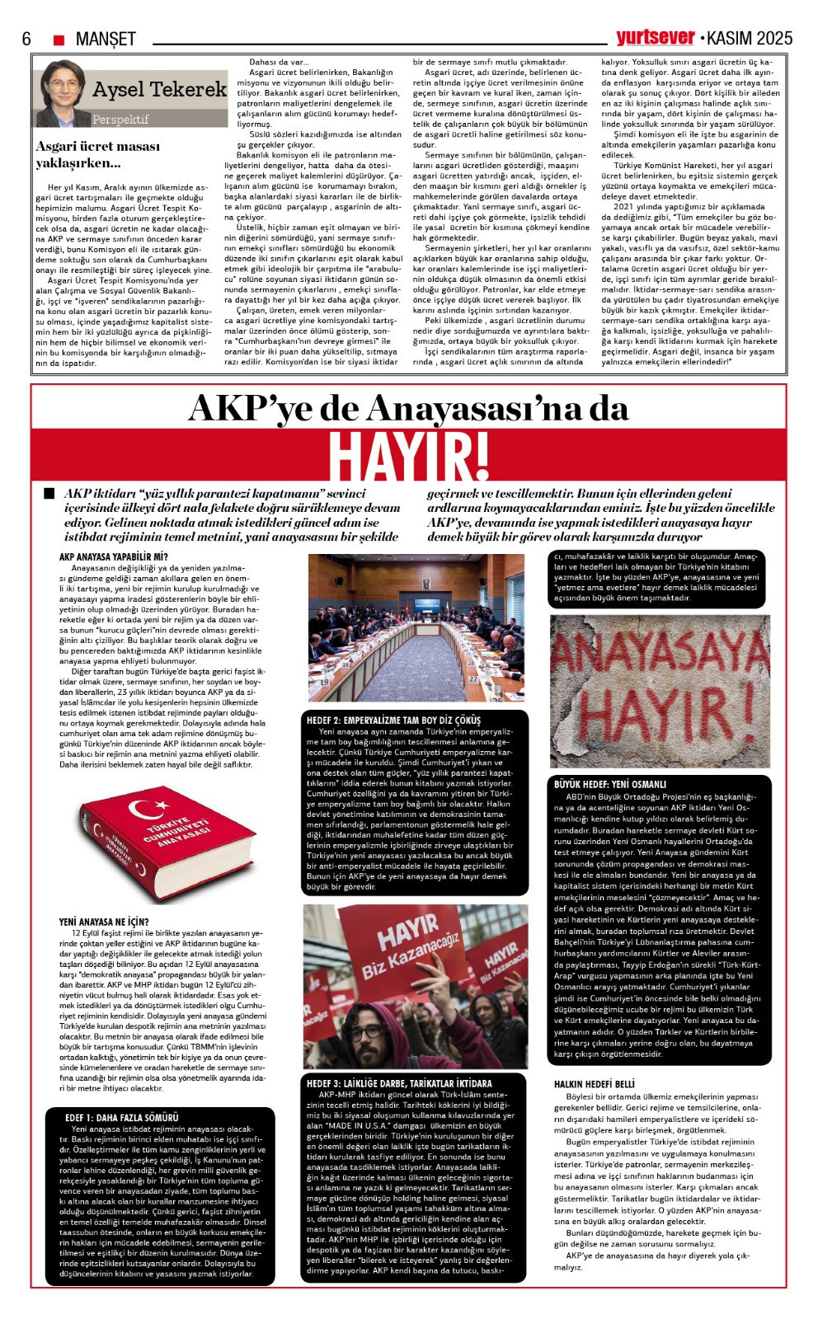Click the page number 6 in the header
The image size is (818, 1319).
click(x=26, y=39)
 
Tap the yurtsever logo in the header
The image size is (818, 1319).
click(x=656, y=37)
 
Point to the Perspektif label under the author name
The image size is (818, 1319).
click(x=120, y=119)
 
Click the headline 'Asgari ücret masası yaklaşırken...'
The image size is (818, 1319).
click(x=97, y=154)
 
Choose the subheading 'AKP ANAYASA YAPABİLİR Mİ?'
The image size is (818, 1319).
click(x=113, y=556)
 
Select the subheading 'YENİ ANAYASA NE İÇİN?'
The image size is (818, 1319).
click(x=104, y=922)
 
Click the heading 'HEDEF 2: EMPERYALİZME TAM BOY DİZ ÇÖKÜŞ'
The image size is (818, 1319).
click(x=393, y=720)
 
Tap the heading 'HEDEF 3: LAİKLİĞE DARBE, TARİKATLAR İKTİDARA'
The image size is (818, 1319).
click(x=399, y=1083)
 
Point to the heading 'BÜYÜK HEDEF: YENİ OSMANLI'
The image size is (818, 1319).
click(x=610, y=784)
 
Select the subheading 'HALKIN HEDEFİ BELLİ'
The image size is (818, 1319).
click(x=595, y=1084)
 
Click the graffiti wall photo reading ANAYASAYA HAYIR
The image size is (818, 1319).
click(x=660, y=691)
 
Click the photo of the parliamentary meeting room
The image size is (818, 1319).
click(x=416, y=627)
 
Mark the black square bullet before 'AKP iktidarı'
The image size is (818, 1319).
click(x=49, y=493)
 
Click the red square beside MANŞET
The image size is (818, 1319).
click(x=59, y=40)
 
